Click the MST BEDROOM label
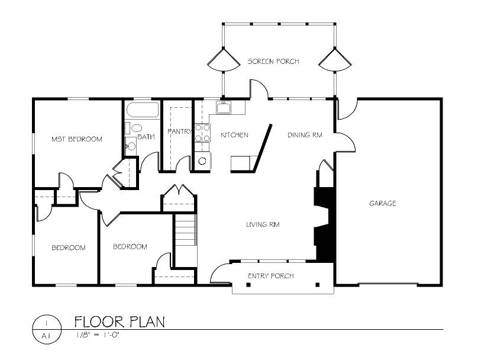[76, 139]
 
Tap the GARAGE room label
[383, 203]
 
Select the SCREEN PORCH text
[273, 62]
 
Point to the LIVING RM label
[263, 224]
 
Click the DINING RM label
[305, 135]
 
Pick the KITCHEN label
[234, 135]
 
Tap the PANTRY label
[179, 131]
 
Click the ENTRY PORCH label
[271, 276]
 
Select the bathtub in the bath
[143, 110]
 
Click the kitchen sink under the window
[224, 107]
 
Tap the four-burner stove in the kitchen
[202, 133]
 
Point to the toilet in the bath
[134, 128]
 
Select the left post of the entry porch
[248, 285]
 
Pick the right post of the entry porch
[317, 285]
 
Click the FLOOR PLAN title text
[120, 322]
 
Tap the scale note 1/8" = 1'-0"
[97, 335]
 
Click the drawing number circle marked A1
[47, 329]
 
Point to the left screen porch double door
[224, 60]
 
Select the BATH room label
[146, 137]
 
